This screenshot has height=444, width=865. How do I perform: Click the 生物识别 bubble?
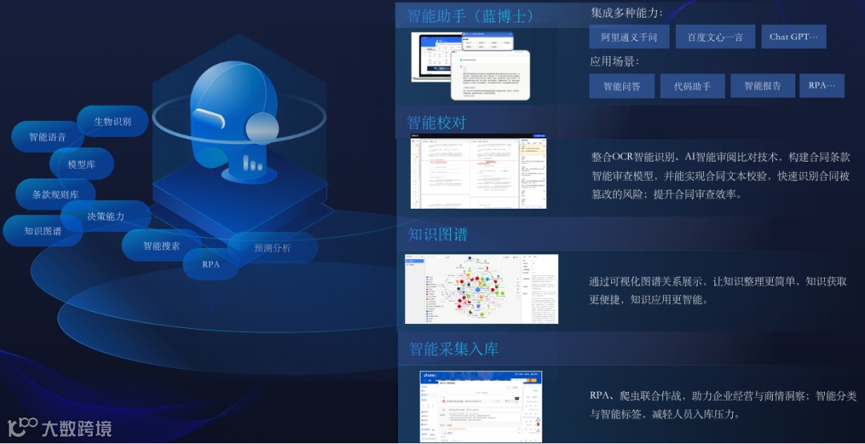coord(113,122)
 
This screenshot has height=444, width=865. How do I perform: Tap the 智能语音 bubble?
coord(47,137)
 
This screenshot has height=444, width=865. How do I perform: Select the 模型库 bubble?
coord(82,164)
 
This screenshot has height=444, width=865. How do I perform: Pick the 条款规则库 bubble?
coord(55,194)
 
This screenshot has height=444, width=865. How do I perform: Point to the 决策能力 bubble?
coord(106,216)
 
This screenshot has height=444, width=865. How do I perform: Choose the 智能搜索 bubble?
coord(162,246)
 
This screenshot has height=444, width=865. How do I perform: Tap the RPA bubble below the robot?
coord(211,264)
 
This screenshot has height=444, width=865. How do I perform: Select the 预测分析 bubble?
coord(272,248)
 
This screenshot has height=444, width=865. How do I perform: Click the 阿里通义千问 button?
coord(630,37)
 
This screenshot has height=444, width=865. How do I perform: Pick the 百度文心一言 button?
coord(715,37)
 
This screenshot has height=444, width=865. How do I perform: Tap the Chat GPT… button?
coord(794,37)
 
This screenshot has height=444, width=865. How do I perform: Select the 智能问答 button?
coord(622,86)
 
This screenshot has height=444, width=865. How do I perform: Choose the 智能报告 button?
coord(762,86)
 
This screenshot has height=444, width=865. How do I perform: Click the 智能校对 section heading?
coord(437,122)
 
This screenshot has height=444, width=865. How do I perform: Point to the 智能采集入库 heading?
coord(453,349)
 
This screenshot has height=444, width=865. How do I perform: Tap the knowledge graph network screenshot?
coord(481,289)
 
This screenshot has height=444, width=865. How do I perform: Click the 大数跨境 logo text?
coord(77,428)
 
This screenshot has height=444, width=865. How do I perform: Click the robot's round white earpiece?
coord(262,128)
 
